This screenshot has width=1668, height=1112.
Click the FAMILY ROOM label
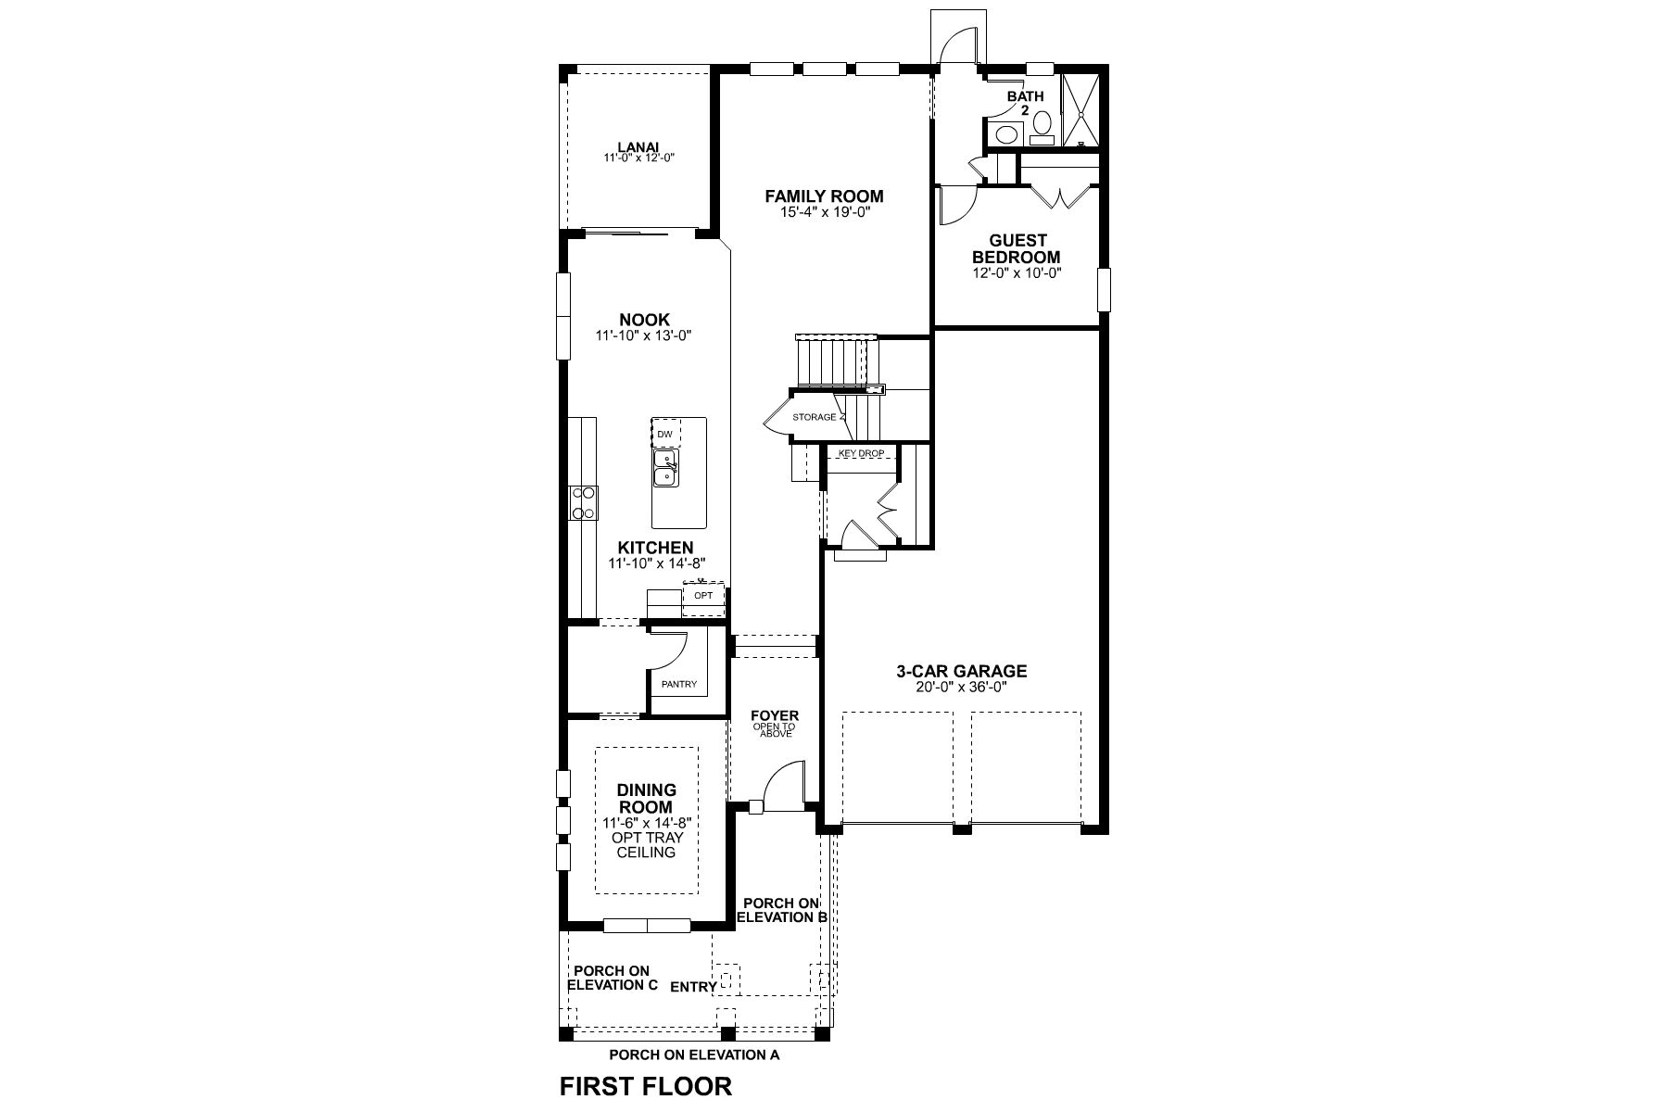pyautogui.click(x=824, y=196)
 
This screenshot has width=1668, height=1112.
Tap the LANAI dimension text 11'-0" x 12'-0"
pyautogui.click(x=638, y=158)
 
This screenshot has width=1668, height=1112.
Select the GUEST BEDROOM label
pyautogui.click(x=1016, y=248)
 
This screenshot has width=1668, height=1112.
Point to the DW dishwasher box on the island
pyautogui.click(x=665, y=434)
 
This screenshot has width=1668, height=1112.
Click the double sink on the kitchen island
pyautogui.click(x=665, y=468)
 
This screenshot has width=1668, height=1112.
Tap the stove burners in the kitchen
pyautogui.click(x=583, y=503)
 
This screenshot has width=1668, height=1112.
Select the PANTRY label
pyautogui.click(x=678, y=685)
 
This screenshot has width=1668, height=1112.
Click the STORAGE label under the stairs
pyautogui.click(x=814, y=418)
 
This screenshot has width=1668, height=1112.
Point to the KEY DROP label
pyautogui.click(x=861, y=453)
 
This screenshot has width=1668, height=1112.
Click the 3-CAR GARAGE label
pyautogui.click(x=961, y=672)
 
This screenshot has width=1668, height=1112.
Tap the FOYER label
pyautogui.click(x=774, y=716)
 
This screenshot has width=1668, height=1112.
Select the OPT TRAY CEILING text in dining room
pyautogui.click(x=646, y=844)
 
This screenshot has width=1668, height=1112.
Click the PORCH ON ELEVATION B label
pyautogui.click(x=780, y=910)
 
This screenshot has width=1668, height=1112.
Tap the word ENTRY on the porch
pyautogui.click(x=693, y=987)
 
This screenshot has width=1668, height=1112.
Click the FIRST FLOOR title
pyautogui.click(x=645, y=1085)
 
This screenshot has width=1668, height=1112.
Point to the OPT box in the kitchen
pyautogui.click(x=703, y=595)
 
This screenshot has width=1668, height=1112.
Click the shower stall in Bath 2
pyautogui.click(x=1079, y=108)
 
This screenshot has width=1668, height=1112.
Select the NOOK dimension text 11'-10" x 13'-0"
pyautogui.click(x=644, y=335)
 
